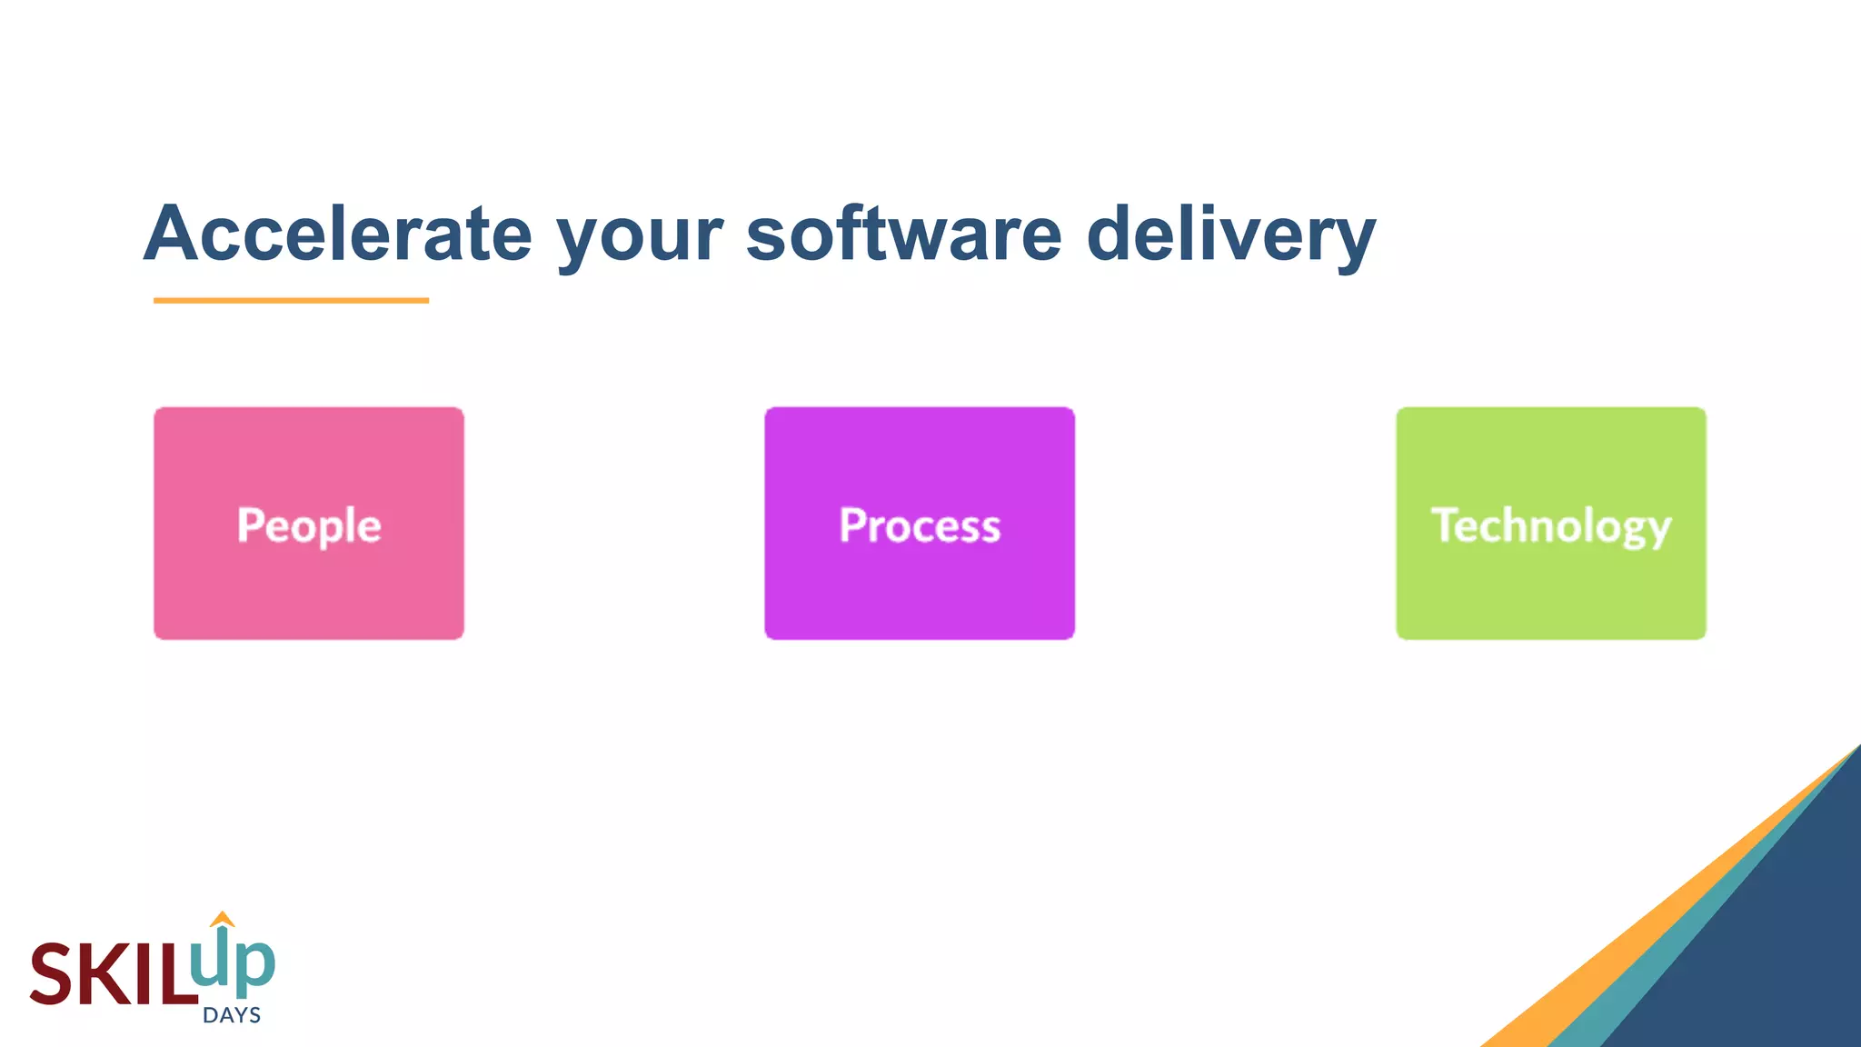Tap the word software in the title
(x=903, y=234)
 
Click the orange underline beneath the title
(x=291, y=300)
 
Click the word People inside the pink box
(x=309, y=525)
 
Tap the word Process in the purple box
(x=920, y=525)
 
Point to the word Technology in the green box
(x=1551, y=525)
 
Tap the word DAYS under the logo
(x=232, y=1015)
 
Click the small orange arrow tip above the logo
(x=222, y=919)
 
